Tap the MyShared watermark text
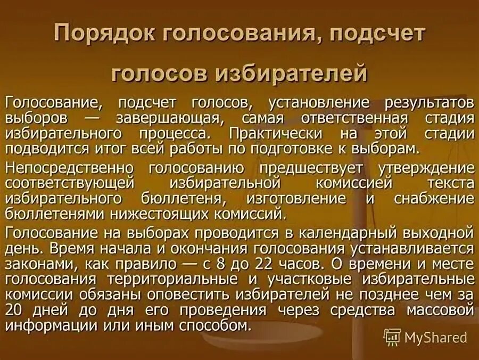click(435, 337)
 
